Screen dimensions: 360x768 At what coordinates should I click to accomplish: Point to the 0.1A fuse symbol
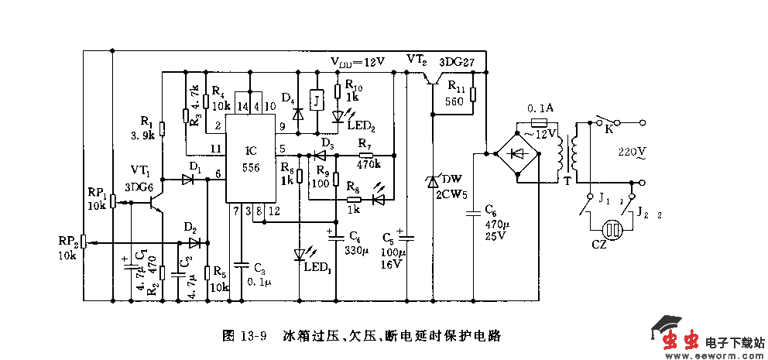(540, 122)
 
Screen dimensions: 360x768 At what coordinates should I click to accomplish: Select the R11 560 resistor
(473, 95)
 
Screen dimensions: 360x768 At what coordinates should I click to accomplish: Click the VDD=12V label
(358, 61)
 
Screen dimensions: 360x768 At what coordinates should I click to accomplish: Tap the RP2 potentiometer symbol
(84, 242)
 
